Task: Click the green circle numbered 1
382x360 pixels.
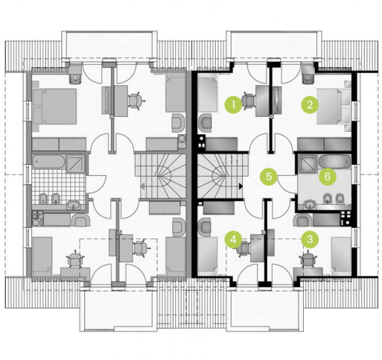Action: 233,104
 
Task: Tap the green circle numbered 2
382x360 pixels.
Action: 310,104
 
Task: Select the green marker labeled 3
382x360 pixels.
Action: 310,240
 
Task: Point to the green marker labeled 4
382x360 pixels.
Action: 233,240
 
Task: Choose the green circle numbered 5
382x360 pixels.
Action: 269,177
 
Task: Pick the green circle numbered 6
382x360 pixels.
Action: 328,177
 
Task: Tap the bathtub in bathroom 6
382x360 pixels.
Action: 334,162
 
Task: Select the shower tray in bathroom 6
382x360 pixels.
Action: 308,163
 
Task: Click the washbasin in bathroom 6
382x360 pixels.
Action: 310,204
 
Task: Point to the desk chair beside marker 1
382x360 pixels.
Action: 249,100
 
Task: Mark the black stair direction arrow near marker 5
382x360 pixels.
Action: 241,186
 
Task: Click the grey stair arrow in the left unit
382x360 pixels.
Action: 143,186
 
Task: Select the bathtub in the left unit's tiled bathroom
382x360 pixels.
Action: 48,162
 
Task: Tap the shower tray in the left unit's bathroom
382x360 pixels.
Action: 76,163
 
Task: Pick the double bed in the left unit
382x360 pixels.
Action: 54,107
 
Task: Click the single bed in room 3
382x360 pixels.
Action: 341,256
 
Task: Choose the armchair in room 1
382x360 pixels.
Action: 206,123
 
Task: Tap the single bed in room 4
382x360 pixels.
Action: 208,256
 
